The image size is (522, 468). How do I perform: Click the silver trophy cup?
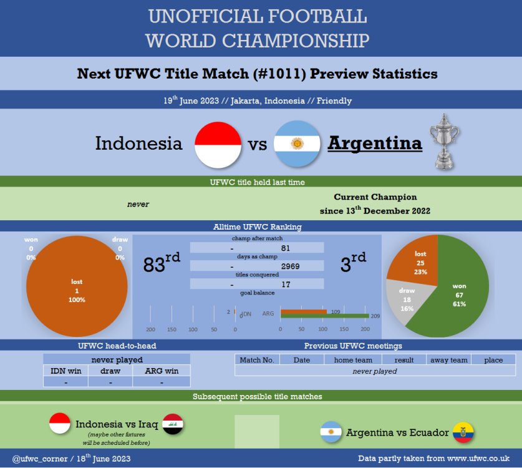(x=445, y=142)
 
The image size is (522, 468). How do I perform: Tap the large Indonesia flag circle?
(x=218, y=145)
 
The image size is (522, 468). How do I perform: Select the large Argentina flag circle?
(x=297, y=144)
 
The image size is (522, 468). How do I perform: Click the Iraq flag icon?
(x=173, y=424)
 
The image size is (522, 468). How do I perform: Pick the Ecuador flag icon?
(x=463, y=432)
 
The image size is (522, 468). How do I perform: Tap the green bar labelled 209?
(x=324, y=316)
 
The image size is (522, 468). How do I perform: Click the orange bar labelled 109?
(x=304, y=311)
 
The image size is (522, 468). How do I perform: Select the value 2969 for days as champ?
(x=290, y=266)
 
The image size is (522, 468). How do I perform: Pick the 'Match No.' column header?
(x=257, y=360)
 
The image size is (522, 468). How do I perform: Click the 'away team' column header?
(x=449, y=360)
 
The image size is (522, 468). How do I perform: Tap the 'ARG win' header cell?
(x=162, y=371)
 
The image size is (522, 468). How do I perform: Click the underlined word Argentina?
(x=375, y=144)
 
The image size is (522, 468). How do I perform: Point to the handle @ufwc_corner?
(x=40, y=459)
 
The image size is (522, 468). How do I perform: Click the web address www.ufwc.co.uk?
(x=478, y=459)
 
